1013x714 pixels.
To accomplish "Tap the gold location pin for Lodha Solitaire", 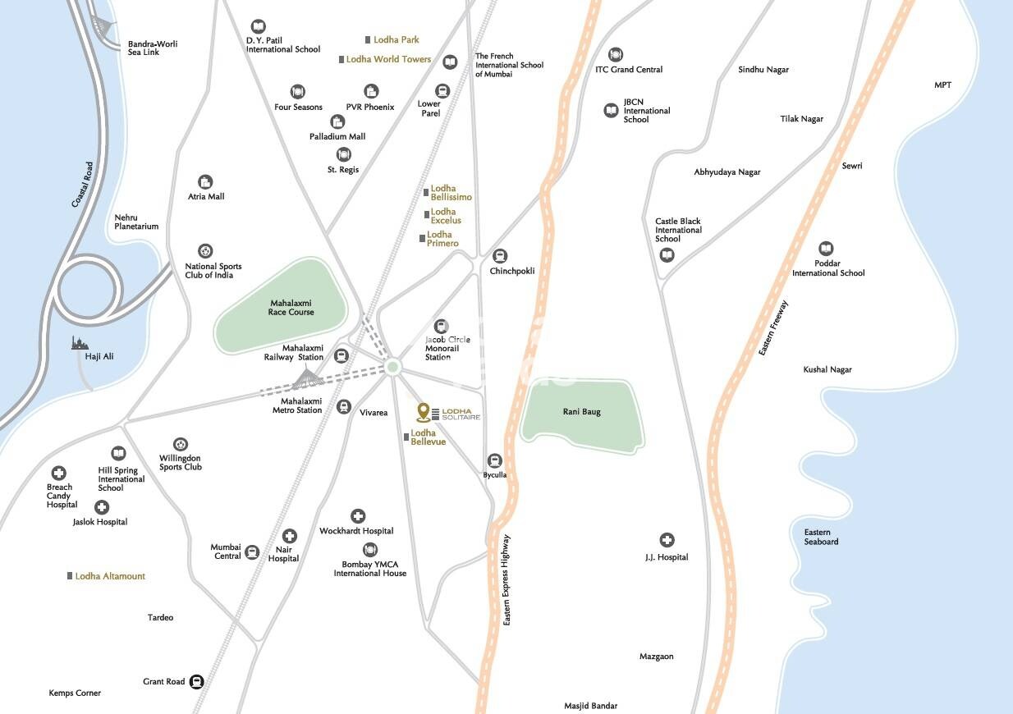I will pyautogui.click(x=423, y=410).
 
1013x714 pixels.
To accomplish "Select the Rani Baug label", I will pyautogui.click(x=581, y=411).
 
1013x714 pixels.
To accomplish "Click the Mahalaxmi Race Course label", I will pyautogui.click(x=291, y=308).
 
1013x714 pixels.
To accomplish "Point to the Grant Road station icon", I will pyautogui.click(x=197, y=681).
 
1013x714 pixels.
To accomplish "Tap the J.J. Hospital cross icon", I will pyautogui.click(x=667, y=540).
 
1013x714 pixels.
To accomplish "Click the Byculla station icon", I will pyautogui.click(x=494, y=460).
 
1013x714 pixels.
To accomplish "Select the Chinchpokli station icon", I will pyautogui.click(x=500, y=256).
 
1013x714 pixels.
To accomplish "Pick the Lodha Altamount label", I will pyautogui.click(x=110, y=576).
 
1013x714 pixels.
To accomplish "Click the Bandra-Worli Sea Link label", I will pyautogui.click(x=153, y=48).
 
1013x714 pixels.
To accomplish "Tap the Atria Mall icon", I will pyautogui.click(x=205, y=181).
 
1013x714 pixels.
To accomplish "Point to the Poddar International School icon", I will pyautogui.click(x=827, y=249).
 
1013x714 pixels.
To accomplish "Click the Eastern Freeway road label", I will pyautogui.click(x=773, y=328).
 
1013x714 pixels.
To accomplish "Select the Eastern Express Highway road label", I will pyautogui.click(x=506, y=580).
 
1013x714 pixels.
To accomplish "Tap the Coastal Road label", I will pyautogui.click(x=82, y=184).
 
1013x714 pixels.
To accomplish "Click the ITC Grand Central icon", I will pyautogui.click(x=616, y=55).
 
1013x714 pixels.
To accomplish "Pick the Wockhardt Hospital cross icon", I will pyautogui.click(x=357, y=516).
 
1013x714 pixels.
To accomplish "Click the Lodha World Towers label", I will pyautogui.click(x=388, y=59).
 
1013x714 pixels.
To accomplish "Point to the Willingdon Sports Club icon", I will pyautogui.click(x=180, y=444).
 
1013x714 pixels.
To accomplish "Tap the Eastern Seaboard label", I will pyautogui.click(x=821, y=537).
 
